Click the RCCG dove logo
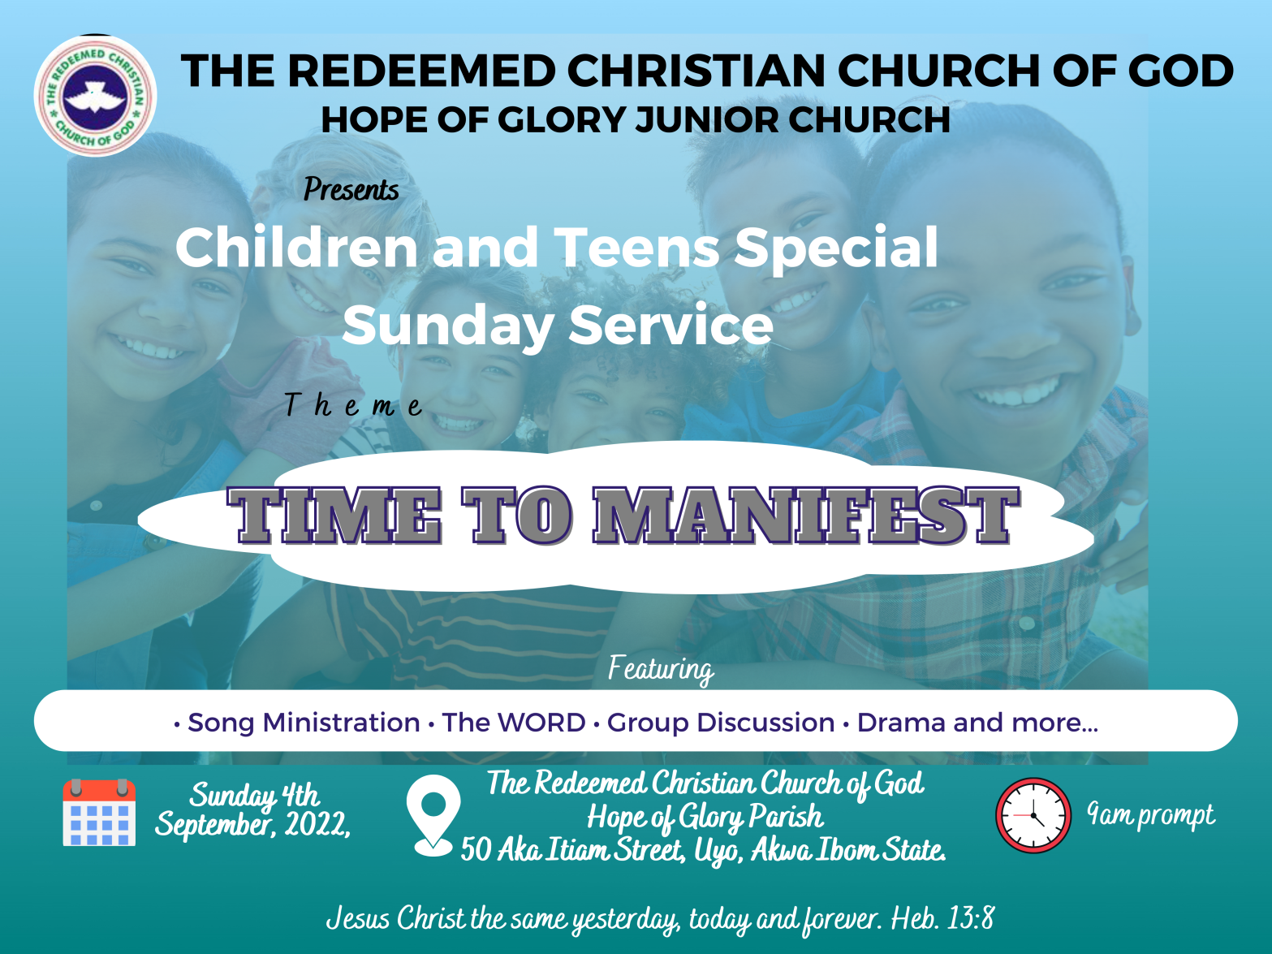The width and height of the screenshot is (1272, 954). tap(96, 96)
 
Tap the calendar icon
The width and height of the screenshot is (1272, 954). tap(99, 813)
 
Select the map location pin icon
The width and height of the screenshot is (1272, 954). tap(433, 815)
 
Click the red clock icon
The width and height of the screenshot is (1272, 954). tap(1033, 815)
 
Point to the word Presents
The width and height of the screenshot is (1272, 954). tap(351, 189)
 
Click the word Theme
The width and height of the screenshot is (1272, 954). tap(353, 405)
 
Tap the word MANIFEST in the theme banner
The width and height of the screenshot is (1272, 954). tap(805, 516)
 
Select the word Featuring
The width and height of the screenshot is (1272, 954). tap(662, 669)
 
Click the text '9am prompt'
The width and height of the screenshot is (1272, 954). tap(1150, 815)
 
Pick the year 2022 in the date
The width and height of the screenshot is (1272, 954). tap(317, 824)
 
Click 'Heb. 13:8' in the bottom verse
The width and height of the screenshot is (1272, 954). tap(942, 918)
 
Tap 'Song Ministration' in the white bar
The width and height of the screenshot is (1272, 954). tap(304, 723)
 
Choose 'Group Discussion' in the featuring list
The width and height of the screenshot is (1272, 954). tap(720, 723)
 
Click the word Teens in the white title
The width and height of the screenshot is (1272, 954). tap(637, 248)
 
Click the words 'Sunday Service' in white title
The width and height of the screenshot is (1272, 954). tap(558, 325)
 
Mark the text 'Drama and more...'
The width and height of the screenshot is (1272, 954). tap(977, 723)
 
